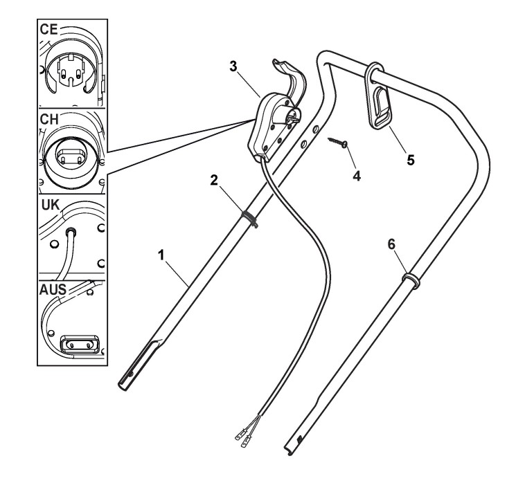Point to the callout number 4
point(357,175)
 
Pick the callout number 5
point(411,159)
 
